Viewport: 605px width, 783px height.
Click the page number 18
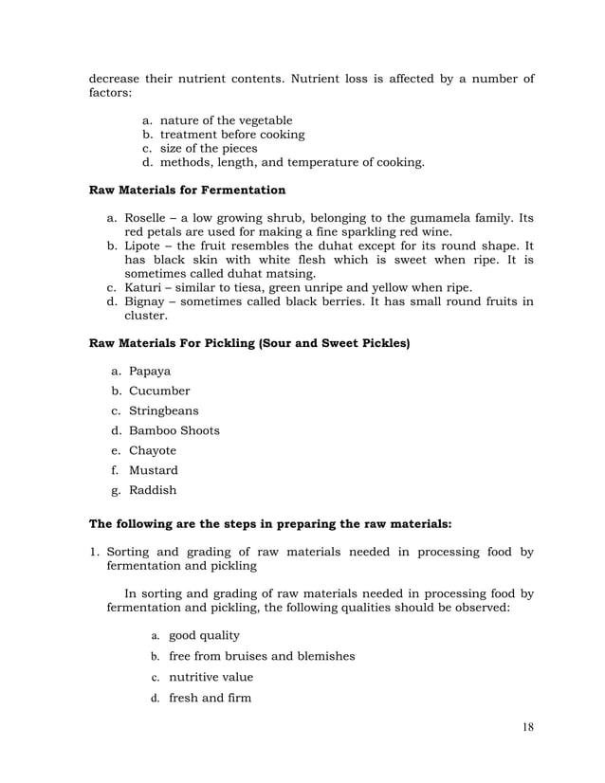click(528, 727)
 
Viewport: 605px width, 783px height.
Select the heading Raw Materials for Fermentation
click(187, 190)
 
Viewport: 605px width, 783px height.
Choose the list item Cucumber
click(159, 391)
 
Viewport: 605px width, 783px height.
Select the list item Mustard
click(154, 470)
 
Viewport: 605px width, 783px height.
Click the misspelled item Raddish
click(153, 490)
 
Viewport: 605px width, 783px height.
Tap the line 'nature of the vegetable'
click(226, 120)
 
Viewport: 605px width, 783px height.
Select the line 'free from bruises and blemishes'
click(262, 656)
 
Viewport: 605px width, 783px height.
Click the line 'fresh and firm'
click(210, 699)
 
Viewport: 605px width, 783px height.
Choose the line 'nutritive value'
click(211, 678)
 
